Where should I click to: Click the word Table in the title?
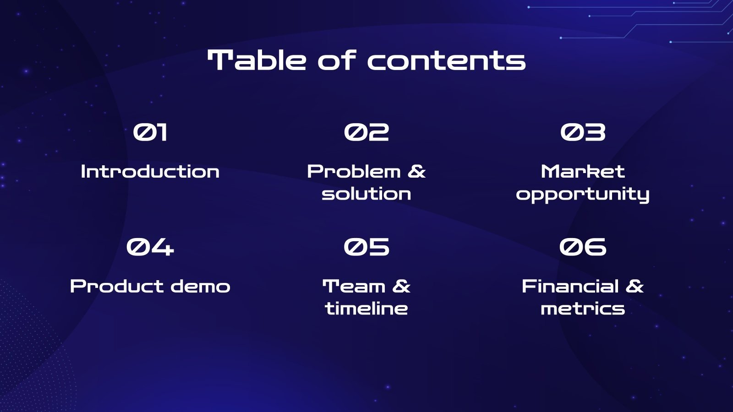tap(257, 60)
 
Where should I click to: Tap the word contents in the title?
tap(447, 61)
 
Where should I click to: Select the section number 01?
tap(150, 132)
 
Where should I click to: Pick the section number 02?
tap(366, 132)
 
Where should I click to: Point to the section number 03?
tap(583, 132)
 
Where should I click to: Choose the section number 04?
tap(150, 247)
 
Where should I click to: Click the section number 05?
tap(366, 247)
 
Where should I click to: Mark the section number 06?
tap(583, 247)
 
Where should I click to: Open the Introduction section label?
tap(150, 172)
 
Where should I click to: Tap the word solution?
tap(366, 194)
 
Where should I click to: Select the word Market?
tap(583, 172)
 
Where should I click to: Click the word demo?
tap(201, 287)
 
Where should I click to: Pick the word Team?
tap(354, 287)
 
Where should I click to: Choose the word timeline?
tap(366, 309)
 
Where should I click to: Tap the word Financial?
tap(570, 287)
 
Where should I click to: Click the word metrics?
tap(583, 309)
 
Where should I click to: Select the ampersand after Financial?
tap(635, 287)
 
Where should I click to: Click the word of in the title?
tap(337, 60)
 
